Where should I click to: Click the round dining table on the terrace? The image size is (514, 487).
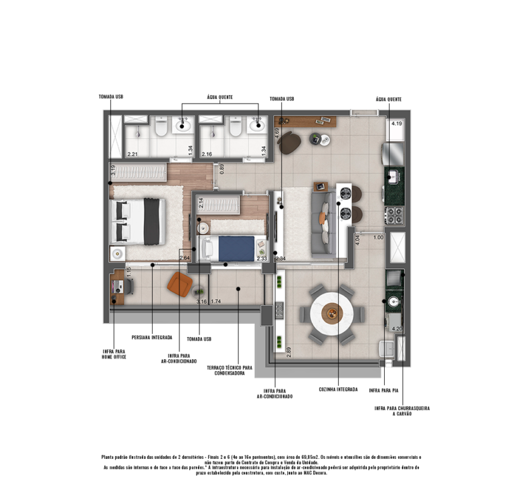tap(333, 312)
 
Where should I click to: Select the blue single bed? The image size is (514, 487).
tap(237, 248)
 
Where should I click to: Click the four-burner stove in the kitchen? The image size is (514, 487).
tap(394, 216)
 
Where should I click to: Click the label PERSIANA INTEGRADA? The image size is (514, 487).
tap(152, 337)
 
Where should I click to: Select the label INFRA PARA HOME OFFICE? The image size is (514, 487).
tap(114, 354)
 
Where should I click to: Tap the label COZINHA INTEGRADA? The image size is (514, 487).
tap(338, 389)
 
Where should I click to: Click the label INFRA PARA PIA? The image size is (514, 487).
tap(384, 389)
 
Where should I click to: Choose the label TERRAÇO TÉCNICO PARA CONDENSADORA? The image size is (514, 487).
tap(229, 371)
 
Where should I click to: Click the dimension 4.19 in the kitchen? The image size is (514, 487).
tap(396, 124)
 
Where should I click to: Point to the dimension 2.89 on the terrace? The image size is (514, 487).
tap(288, 351)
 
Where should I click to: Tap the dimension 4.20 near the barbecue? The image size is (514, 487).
tap(396, 328)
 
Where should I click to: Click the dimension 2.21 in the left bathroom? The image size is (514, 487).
tap(133, 155)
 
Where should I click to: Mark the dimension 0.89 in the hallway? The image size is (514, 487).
tap(222, 169)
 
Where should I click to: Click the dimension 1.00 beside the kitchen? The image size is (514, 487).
tap(377, 237)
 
